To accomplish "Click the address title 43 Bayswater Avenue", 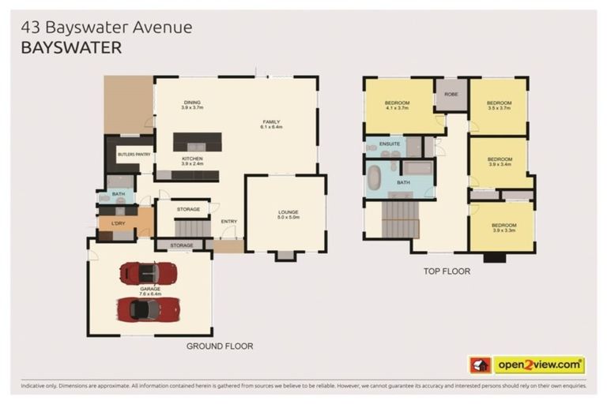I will pyautogui.click(x=107, y=28).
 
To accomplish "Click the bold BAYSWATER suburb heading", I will pyautogui.click(x=72, y=48).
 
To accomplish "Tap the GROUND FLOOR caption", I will pyautogui.click(x=220, y=346).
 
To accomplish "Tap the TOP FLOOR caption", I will pyautogui.click(x=447, y=271).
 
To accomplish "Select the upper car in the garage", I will pyautogui.click(x=148, y=274).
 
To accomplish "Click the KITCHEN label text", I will pyautogui.click(x=192, y=159).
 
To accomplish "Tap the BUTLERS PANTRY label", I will pyautogui.click(x=134, y=155).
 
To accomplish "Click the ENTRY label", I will pyautogui.click(x=229, y=222).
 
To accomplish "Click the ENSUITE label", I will pyautogui.click(x=389, y=144).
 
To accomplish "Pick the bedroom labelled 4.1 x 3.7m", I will pyautogui.click(x=398, y=106).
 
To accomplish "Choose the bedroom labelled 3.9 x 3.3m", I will pyautogui.click(x=504, y=227).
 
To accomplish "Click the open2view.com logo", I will pyautogui.click(x=540, y=365).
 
